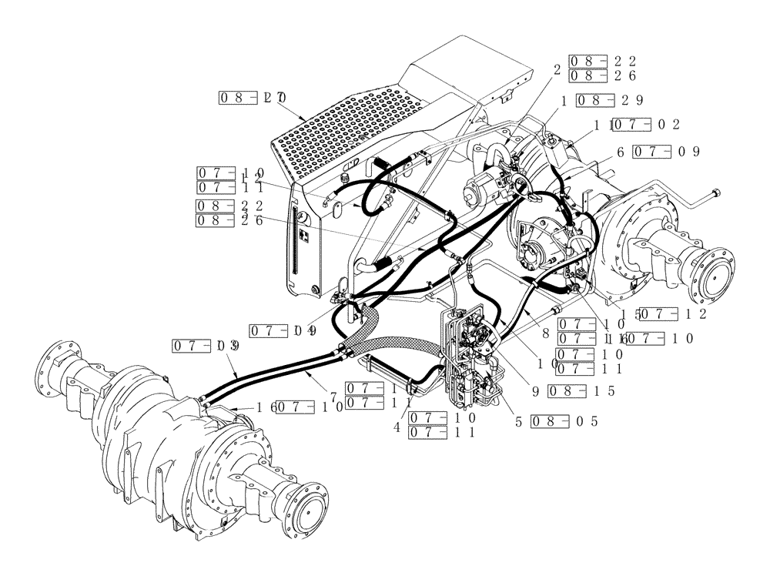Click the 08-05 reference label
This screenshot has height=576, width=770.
click(x=565, y=421)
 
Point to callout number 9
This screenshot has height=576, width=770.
click(x=534, y=390)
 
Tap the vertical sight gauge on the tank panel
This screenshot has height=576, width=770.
click(x=293, y=239)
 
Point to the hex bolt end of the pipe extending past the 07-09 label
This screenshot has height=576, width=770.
click(x=717, y=192)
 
